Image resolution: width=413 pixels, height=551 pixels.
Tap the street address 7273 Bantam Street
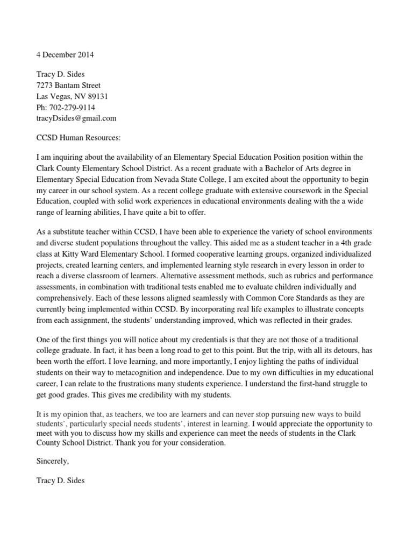pyautogui.click(x=68, y=86)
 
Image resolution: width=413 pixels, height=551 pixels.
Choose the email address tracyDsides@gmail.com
pyautogui.click(x=76, y=118)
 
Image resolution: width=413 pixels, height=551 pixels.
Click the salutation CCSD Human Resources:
pyautogui.click(x=79, y=137)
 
